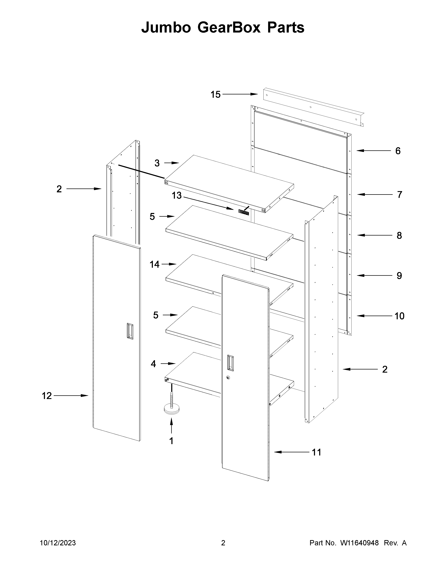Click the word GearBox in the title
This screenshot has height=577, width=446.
pyautogui.click(x=229, y=27)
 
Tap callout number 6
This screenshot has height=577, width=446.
pyautogui.click(x=398, y=151)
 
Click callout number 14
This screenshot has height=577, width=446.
pyautogui.click(x=155, y=264)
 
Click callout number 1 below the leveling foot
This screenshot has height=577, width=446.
pyautogui.click(x=171, y=441)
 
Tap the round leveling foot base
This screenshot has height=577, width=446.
pyautogui.click(x=171, y=411)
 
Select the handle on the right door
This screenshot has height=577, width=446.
pyautogui.click(x=230, y=364)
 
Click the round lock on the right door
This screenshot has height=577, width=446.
pyautogui.click(x=228, y=378)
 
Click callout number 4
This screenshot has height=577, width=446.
pyautogui.click(x=153, y=364)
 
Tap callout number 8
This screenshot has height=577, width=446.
pyautogui.click(x=399, y=235)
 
